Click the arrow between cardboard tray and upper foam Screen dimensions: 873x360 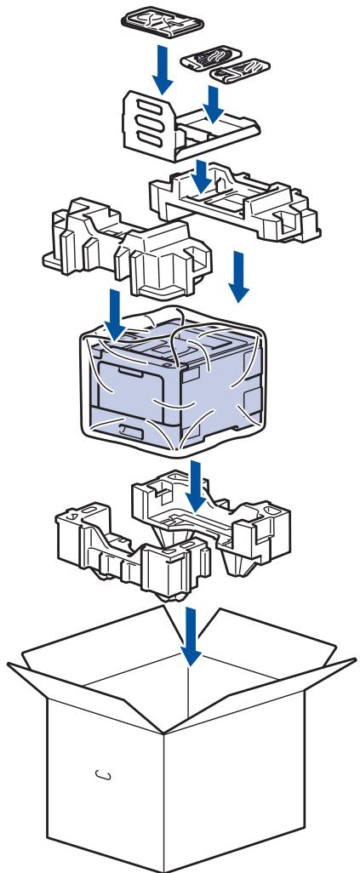click(202, 176)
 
